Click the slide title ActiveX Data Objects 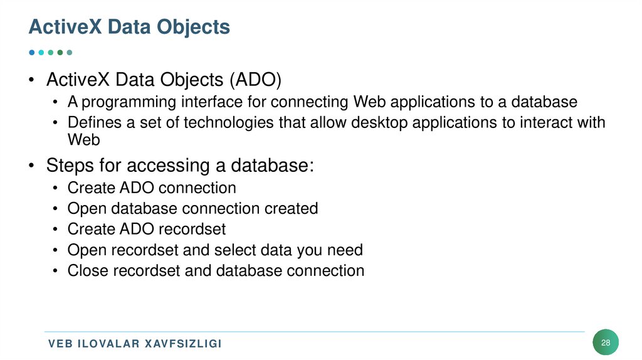click(x=130, y=27)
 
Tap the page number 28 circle click(x=605, y=342)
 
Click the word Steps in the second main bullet click(x=70, y=166)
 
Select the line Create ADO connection click(x=152, y=188)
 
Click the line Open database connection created click(x=192, y=208)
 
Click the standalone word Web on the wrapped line click(x=84, y=139)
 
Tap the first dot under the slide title click(x=32, y=53)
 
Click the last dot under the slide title click(x=70, y=53)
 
